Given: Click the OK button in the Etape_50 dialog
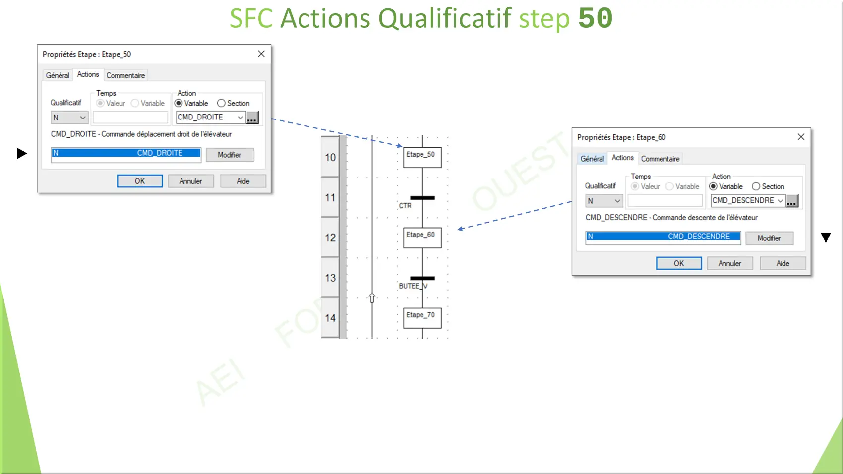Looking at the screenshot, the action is (140, 181).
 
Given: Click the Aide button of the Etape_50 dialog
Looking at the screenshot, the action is (243, 181).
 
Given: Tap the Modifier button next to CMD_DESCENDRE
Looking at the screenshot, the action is (769, 238).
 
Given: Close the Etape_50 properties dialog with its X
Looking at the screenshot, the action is (261, 54).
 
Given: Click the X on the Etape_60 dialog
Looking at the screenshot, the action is (801, 137).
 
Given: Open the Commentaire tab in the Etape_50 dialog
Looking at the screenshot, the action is (125, 76).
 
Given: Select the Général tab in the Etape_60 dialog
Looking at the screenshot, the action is (592, 159).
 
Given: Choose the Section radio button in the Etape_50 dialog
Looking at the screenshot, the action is (221, 103).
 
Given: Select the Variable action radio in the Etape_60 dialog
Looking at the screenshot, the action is (713, 186).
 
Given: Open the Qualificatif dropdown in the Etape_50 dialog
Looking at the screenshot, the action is (69, 118).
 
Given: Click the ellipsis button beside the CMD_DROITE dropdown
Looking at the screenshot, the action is (252, 118).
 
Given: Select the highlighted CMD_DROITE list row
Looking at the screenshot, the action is (125, 153).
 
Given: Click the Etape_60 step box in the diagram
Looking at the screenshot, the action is (422, 237).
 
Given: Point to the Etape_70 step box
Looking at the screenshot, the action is (422, 318).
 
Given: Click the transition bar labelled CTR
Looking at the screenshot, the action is (422, 198).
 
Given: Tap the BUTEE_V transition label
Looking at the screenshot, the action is (413, 286).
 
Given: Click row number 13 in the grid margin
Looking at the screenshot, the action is (330, 278).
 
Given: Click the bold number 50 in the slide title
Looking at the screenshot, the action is (596, 18).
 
